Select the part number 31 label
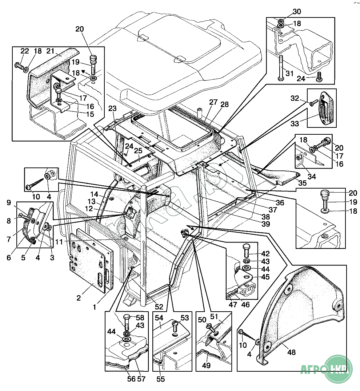point(290,74)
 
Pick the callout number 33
point(295,124)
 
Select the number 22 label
point(24,51)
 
